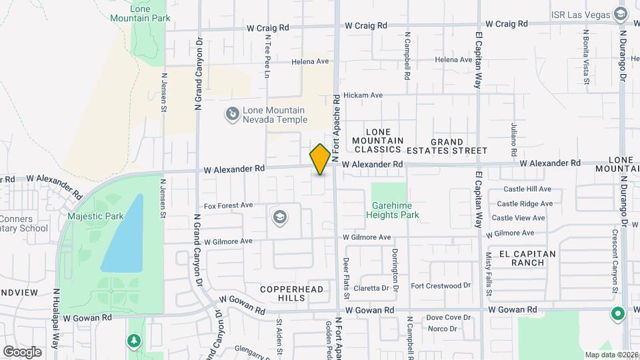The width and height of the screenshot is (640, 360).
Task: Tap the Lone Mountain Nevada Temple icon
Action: [232, 115]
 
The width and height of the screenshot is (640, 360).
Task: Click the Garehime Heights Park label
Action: [392, 211]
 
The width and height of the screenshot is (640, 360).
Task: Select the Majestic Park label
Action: [95, 216]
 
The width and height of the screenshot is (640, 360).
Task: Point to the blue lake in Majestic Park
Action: [123, 237]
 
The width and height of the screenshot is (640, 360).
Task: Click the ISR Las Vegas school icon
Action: [620, 14]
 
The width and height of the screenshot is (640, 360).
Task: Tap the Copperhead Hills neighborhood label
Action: [291, 293]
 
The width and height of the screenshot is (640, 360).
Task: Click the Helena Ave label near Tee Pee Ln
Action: [310, 61]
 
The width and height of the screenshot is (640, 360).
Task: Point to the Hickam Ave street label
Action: [363, 95]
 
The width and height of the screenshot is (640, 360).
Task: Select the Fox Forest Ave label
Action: [228, 205]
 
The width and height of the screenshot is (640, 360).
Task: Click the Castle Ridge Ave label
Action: [525, 204]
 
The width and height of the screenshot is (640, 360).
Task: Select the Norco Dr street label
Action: [442, 329]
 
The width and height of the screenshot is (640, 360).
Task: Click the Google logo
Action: [22, 351]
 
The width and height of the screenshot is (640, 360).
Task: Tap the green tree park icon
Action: [135, 341]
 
